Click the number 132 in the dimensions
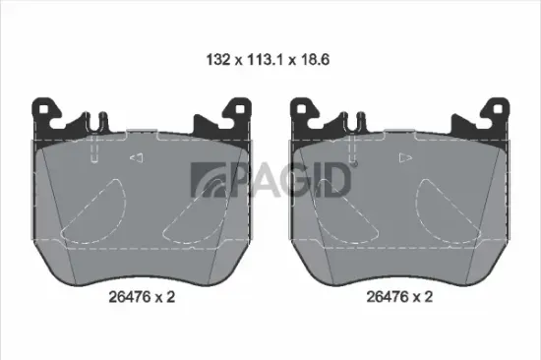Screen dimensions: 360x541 216,59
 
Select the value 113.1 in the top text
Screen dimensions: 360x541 260,59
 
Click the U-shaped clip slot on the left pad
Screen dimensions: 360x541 94,121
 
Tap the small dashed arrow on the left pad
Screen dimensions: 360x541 139,158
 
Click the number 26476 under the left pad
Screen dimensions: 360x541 125,292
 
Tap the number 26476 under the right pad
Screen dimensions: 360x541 385,292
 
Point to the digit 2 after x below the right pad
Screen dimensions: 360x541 430,292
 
